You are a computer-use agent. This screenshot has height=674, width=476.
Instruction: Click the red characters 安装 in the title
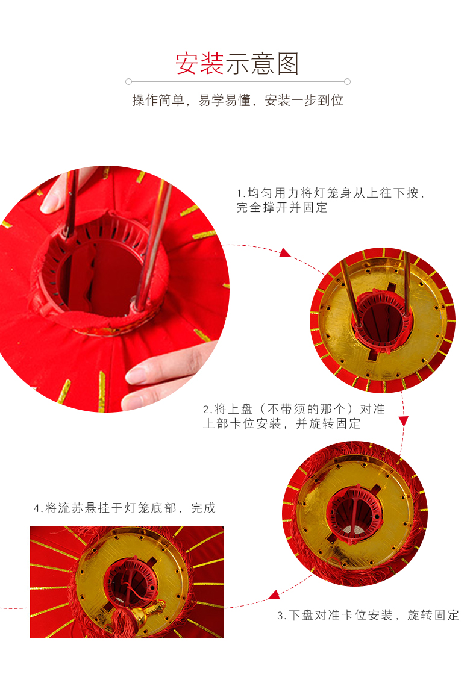[199, 64]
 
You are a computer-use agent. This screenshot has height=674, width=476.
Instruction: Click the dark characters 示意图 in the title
[263, 64]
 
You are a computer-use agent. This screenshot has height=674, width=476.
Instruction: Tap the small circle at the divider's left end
[128, 81]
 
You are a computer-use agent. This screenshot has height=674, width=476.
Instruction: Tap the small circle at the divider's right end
[347, 81]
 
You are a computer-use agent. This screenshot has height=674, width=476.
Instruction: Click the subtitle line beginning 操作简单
[237, 101]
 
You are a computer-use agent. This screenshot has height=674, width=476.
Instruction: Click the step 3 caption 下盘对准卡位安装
[368, 615]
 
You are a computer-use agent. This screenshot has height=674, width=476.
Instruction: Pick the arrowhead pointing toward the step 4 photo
[274, 595]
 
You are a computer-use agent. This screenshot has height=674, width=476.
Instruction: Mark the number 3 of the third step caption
[280, 616]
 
